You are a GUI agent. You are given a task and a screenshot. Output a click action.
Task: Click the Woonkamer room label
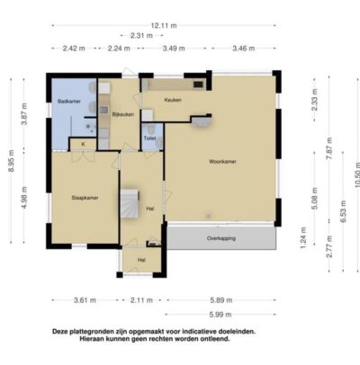click(222, 162)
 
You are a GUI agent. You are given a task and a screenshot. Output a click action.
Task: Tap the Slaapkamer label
click(85, 198)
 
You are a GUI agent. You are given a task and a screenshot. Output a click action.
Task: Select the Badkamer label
click(69, 102)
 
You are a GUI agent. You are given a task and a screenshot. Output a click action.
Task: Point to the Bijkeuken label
click(123, 114)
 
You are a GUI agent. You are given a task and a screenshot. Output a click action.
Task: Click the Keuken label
click(173, 100)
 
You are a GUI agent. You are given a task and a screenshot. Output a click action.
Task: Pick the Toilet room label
click(149, 138)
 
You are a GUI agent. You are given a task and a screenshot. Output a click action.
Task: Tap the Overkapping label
click(221, 238)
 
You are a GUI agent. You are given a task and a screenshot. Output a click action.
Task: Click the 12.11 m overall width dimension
click(164, 26)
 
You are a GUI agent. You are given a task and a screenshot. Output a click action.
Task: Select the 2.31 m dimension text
click(141, 36)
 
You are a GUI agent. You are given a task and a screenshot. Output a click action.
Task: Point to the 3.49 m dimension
click(174, 49)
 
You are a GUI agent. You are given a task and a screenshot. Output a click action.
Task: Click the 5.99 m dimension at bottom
click(220, 315)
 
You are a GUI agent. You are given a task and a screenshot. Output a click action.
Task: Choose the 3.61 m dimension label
click(85, 300)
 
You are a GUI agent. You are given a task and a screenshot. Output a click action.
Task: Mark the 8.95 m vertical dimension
click(11, 161)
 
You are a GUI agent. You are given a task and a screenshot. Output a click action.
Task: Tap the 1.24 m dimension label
click(303, 237)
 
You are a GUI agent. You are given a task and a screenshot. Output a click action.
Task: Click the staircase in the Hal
click(130, 203)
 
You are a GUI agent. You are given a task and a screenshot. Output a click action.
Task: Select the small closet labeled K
click(83, 144)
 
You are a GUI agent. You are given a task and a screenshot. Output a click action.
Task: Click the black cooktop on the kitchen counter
click(198, 85)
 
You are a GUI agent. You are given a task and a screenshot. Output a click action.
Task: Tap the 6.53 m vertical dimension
click(343, 211)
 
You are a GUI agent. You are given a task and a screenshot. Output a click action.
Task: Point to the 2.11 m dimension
click(141, 300)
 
